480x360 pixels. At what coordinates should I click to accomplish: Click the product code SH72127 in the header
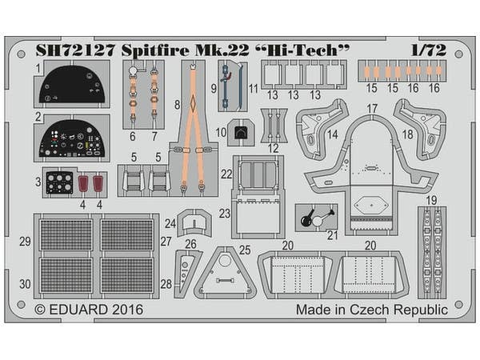75,50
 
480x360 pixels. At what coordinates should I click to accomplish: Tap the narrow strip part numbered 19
431,240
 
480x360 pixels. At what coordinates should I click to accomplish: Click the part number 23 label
225,213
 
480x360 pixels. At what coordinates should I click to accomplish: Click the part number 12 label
274,147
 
